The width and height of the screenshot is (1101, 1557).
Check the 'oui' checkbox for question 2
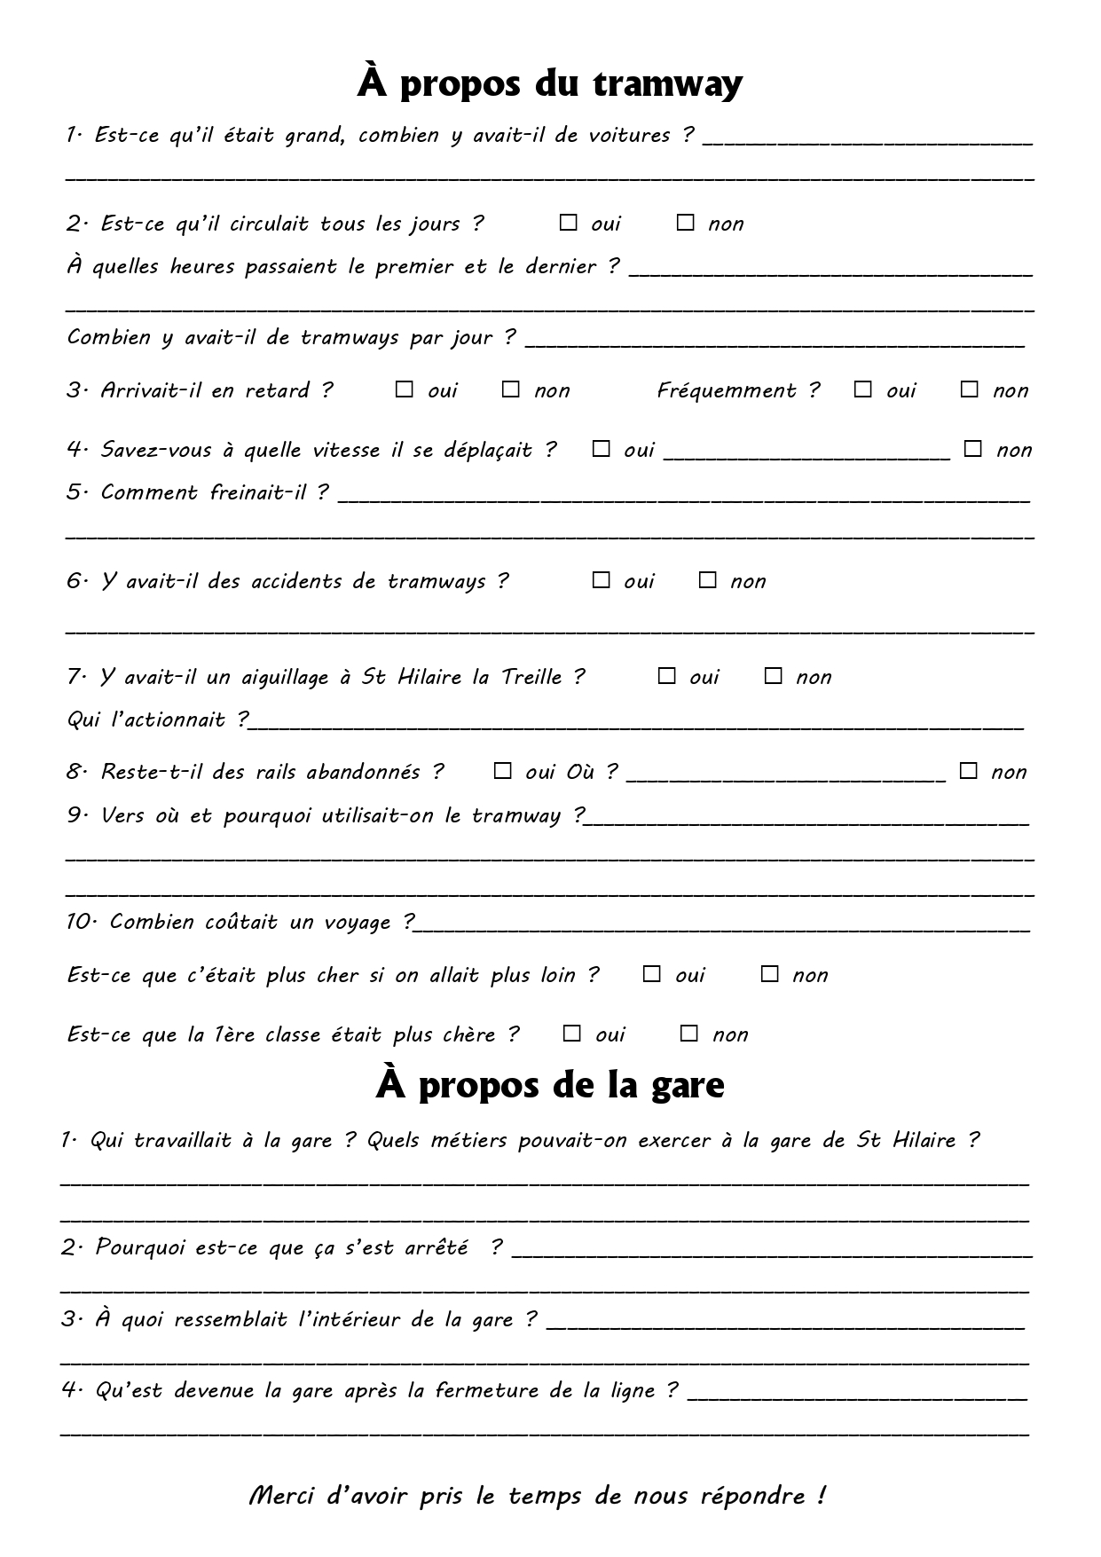click(568, 223)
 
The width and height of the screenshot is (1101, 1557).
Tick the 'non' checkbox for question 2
click(685, 223)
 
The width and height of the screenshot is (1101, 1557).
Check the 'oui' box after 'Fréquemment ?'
click(862, 389)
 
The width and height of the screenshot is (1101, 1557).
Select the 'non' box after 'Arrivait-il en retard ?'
click(510, 389)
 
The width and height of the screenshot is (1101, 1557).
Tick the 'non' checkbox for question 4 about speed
click(973, 449)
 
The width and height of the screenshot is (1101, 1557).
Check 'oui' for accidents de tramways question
click(602, 580)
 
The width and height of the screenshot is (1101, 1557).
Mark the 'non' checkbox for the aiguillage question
click(773, 676)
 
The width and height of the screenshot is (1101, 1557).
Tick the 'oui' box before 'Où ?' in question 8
click(503, 771)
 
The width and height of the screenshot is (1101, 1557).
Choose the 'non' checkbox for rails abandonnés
click(969, 771)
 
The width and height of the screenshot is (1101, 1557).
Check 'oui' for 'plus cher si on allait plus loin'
click(652, 974)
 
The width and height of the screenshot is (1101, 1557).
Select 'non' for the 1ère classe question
click(689, 1034)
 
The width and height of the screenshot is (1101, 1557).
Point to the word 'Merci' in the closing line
click(282, 1496)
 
